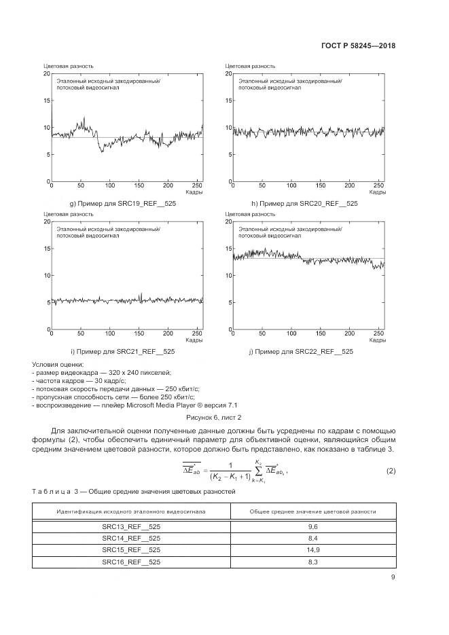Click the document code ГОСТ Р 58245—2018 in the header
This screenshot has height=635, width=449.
coord(358,47)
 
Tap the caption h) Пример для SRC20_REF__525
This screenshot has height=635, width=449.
coord(304,204)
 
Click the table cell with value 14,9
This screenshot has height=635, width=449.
coord(312,549)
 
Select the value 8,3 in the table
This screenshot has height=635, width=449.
coord(312,562)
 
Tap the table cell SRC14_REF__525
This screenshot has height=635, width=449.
coord(131,537)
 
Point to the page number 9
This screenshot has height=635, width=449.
coord(393,577)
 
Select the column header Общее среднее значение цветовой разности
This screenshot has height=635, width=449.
coord(312,511)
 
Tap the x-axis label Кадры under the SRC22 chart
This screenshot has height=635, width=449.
coord(377,340)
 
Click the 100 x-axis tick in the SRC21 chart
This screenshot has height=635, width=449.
coord(110,333)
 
